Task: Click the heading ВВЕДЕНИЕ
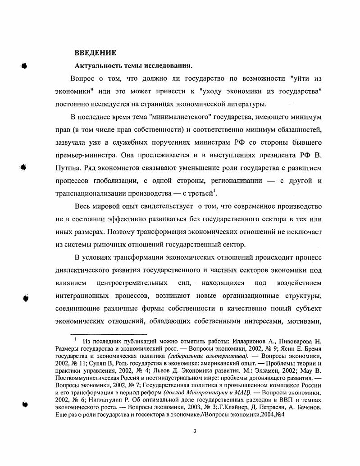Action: click(x=95, y=53)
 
